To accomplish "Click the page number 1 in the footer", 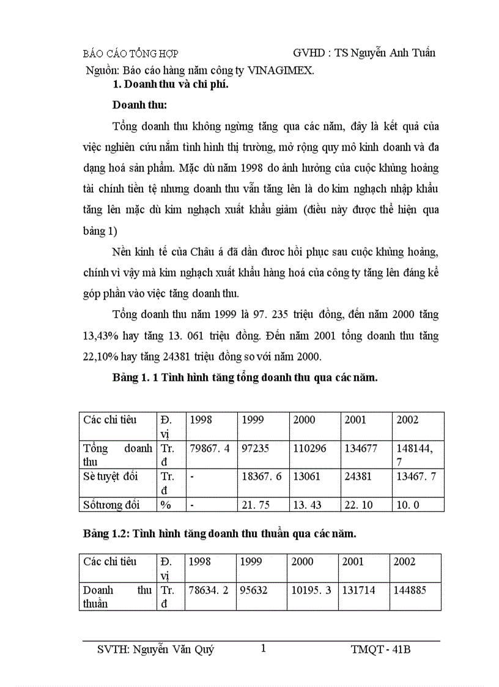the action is pos(263,648).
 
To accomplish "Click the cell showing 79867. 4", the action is pos(210,448).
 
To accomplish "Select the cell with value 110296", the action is pos(309,448).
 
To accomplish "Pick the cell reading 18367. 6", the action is pos(262,477).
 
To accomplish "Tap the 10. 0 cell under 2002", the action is pos(408,505).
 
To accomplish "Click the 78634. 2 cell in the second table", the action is pos(208,590).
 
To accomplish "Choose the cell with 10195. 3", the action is pos(312,590).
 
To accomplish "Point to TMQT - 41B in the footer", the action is pos(377,650).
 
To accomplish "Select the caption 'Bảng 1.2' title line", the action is pos(220,533).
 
